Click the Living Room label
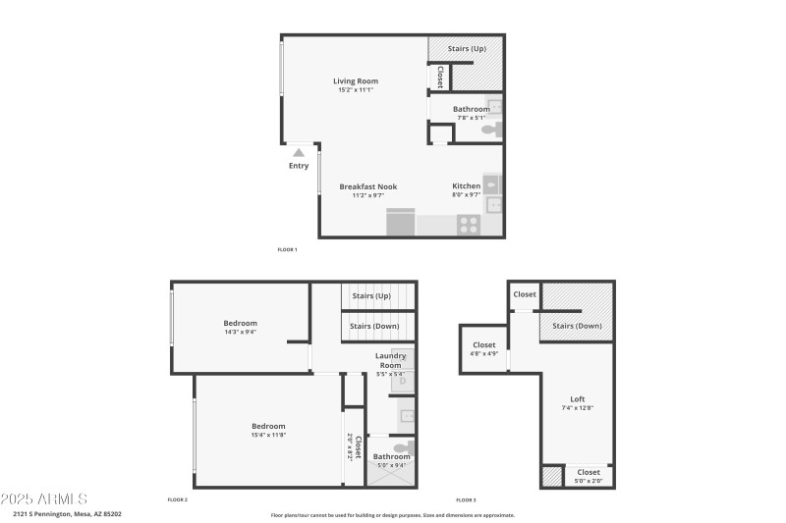pyautogui.click(x=355, y=81)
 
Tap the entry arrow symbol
pyautogui.click(x=299, y=152)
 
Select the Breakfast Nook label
pyautogui.click(x=367, y=185)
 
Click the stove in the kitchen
pyautogui.click(x=468, y=224)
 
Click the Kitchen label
pyautogui.click(x=466, y=185)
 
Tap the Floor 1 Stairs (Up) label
pyautogui.click(x=466, y=47)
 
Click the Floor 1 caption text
pyautogui.click(x=287, y=249)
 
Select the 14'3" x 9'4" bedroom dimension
pyautogui.click(x=240, y=332)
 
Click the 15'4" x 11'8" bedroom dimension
pyautogui.click(x=268, y=435)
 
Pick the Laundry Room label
pyautogui.click(x=391, y=360)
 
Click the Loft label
pyautogui.click(x=578, y=399)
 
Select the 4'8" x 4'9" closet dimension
pyautogui.click(x=484, y=353)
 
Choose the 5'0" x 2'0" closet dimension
pyautogui.click(x=589, y=481)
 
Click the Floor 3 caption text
pyautogui.click(x=467, y=499)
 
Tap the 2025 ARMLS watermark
pyautogui.click(x=44, y=498)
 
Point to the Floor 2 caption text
pyautogui.click(x=177, y=499)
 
